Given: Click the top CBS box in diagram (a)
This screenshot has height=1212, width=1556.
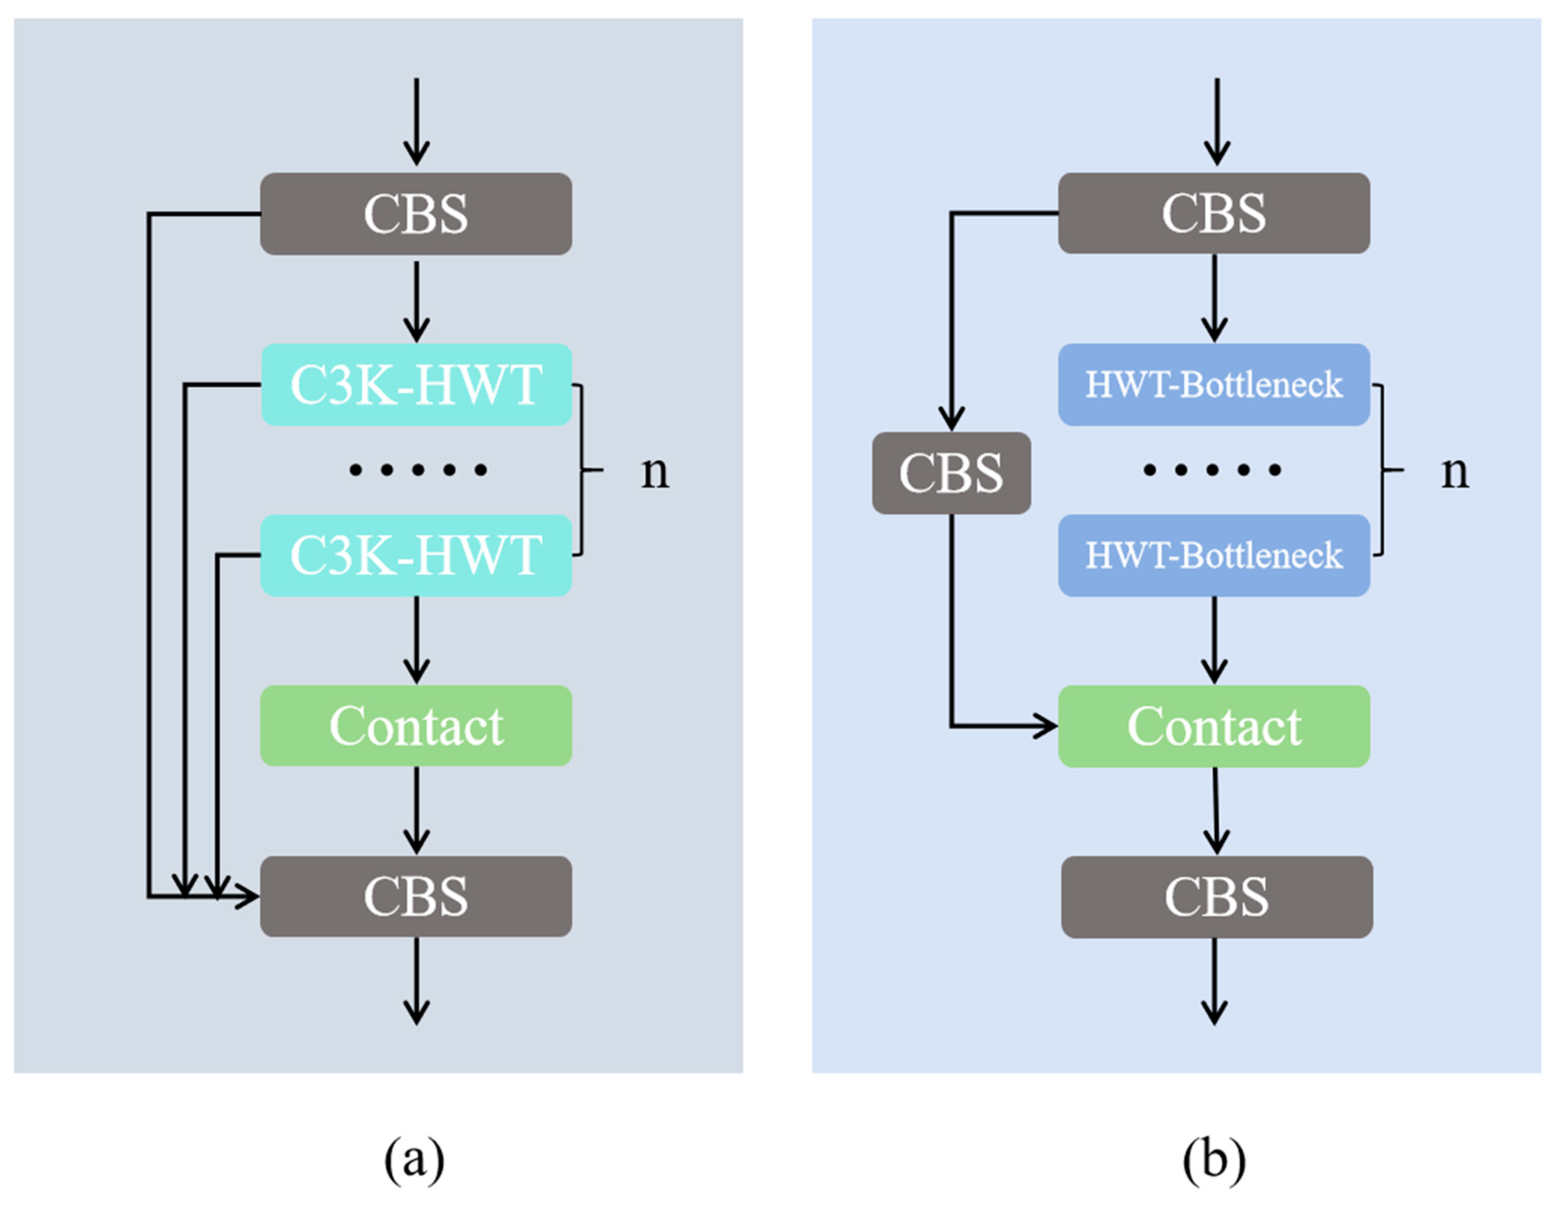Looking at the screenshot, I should pyautogui.click(x=416, y=214).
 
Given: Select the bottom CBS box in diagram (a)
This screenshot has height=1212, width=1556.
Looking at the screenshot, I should pyautogui.click(x=416, y=896).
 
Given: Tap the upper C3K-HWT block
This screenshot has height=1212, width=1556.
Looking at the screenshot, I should pyautogui.click(x=416, y=384).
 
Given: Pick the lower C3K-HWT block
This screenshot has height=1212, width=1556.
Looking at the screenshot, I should pyautogui.click(x=416, y=555).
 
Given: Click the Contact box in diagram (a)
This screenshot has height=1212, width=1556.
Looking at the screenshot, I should pyautogui.click(x=416, y=725).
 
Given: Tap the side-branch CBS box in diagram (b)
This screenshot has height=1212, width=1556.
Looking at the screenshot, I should pyautogui.click(x=951, y=473).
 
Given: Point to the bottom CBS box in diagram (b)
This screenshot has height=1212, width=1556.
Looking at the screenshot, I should pyautogui.click(x=1216, y=896).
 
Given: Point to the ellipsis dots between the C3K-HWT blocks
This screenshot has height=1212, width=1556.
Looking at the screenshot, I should pyautogui.click(x=418, y=469).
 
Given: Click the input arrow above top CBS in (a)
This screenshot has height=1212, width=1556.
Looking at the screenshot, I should pyautogui.click(x=416, y=121).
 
